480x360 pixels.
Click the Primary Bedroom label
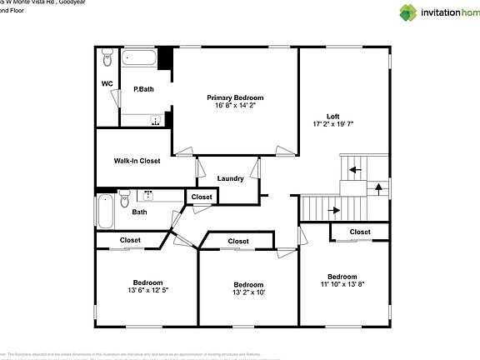(x=236, y=97)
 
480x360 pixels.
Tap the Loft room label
(x=332, y=116)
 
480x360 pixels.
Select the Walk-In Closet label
(x=137, y=161)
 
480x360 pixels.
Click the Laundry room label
(x=230, y=179)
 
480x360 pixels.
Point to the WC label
(x=107, y=84)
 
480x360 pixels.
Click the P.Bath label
(x=143, y=89)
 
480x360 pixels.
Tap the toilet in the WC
(x=107, y=60)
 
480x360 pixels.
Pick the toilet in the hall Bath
(x=124, y=198)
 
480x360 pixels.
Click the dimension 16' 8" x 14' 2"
(x=236, y=106)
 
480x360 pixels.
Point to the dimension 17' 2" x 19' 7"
(x=332, y=124)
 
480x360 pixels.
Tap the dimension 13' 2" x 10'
(x=248, y=292)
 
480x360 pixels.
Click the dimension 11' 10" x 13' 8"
(x=342, y=285)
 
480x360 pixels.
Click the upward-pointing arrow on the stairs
(x=379, y=187)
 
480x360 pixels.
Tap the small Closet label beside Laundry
(x=202, y=197)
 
